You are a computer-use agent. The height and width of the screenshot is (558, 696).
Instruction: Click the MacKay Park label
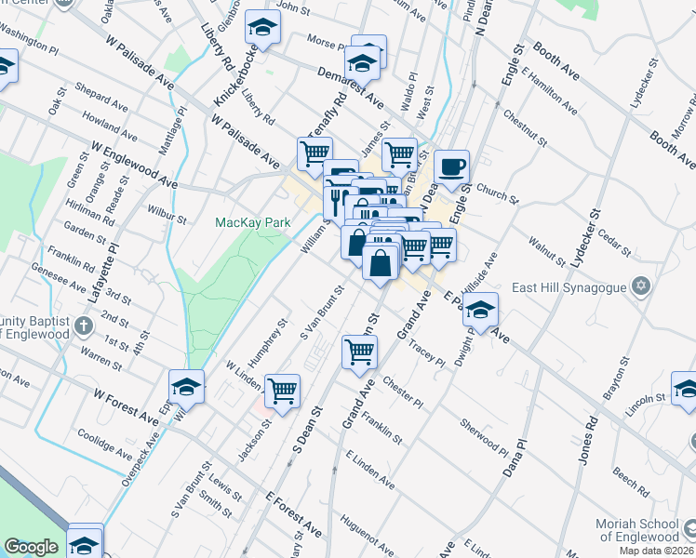point(253,222)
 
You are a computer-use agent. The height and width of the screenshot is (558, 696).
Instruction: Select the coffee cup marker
point(452,167)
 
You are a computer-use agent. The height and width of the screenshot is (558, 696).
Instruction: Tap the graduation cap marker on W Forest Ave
point(186,386)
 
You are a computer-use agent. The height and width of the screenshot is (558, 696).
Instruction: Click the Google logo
point(31,547)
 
